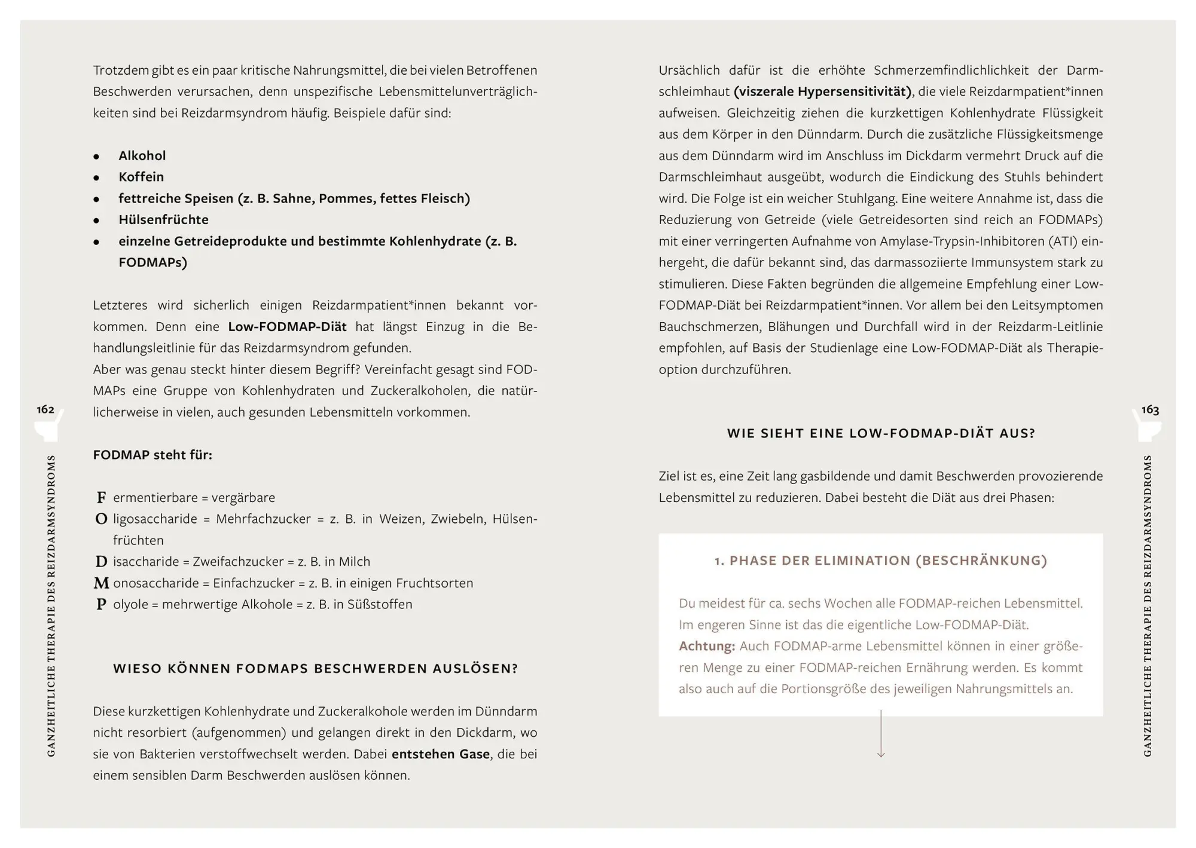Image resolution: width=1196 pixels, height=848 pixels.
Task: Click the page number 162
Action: pos(45,410)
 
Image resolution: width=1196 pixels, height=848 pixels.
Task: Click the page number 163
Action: pos(1149,410)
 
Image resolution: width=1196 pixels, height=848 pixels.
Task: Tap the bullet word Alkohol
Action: pos(142,156)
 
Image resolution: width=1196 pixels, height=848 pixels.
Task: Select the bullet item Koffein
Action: pos(141,177)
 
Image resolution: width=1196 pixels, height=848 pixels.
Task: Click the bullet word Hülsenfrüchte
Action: pos(163,220)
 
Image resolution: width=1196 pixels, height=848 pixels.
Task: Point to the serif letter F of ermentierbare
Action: pos(101,498)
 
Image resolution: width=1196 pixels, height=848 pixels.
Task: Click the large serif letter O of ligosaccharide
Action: pos(101,519)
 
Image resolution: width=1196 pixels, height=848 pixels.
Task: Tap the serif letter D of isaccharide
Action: pos(101,562)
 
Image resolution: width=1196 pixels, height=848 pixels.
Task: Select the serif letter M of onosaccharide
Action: pos(102,583)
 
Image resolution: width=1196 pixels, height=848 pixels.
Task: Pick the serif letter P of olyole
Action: pos(101,605)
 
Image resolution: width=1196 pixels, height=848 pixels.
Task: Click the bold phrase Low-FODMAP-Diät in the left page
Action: pos(287,327)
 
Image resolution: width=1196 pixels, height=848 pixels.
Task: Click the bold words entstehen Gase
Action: pos(441,755)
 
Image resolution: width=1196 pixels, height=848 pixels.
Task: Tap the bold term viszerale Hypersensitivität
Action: pos(823,92)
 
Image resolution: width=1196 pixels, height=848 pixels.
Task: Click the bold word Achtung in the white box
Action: pos(706,647)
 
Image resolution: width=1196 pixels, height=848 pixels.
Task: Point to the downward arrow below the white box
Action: pos(881,735)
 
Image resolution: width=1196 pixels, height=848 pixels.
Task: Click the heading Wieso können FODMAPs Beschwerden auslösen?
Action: pos(315,669)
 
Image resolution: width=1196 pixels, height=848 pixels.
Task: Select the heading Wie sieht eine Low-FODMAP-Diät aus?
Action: pos(881,434)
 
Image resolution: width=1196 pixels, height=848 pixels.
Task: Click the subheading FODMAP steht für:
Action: pos(152,455)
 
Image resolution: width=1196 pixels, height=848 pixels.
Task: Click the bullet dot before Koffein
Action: pos(96,178)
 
